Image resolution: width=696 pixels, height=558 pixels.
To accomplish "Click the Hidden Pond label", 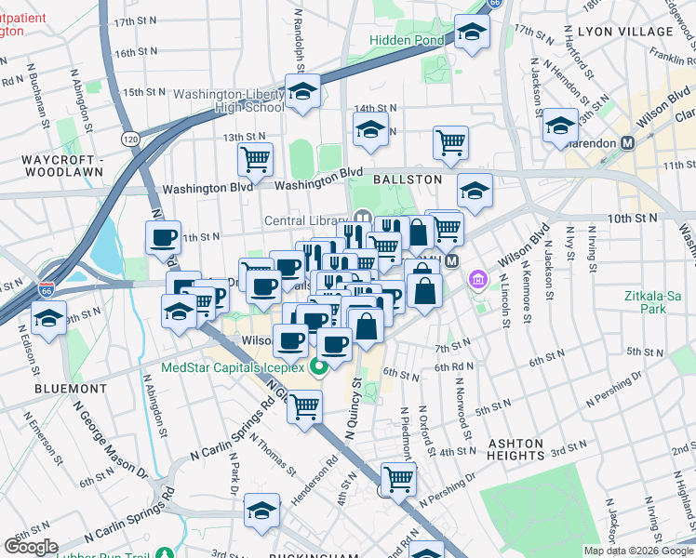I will [406, 40].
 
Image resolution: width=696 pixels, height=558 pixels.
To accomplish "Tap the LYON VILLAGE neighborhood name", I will [623, 31].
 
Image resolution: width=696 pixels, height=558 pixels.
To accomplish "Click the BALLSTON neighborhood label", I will [407, 178].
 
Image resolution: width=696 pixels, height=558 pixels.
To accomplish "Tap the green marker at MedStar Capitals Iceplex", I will [317, 365].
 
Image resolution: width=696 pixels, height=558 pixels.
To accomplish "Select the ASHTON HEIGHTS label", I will [515, 449].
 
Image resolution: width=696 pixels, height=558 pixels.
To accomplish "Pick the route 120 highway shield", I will [131, 138].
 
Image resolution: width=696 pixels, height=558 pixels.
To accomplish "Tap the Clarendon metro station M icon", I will [628, 143].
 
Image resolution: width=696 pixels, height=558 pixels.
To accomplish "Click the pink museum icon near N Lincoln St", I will [478, 278].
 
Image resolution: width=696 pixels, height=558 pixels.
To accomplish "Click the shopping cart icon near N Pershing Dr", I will [398, 478].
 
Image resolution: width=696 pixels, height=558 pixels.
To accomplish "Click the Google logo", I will [33, 546].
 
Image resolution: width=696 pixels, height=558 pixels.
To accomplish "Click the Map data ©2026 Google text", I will [638, 551].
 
